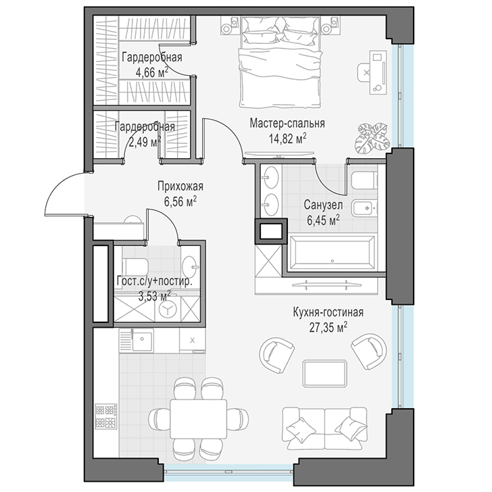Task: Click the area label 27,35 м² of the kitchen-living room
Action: pos(328,328)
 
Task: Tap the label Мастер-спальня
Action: pos(287,123)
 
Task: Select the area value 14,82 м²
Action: pos(287,139)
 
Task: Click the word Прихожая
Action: pos(180,187)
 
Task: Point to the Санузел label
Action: pos(323,205)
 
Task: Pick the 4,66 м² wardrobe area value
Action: pos(152,72)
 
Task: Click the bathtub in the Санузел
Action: pos(333,253)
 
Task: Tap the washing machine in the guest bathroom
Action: pos(168,310)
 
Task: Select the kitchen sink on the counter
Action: pos(143,339)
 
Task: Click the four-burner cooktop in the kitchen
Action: pos(105,416)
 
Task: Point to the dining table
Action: pos(198,420)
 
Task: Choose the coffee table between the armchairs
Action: pos(325,374)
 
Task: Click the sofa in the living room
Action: pos(325,429)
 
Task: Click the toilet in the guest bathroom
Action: pos(137,266)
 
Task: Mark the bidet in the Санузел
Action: pos(365,207)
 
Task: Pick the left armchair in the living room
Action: pos(277,355)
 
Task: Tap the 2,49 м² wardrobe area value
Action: pos(145,142)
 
